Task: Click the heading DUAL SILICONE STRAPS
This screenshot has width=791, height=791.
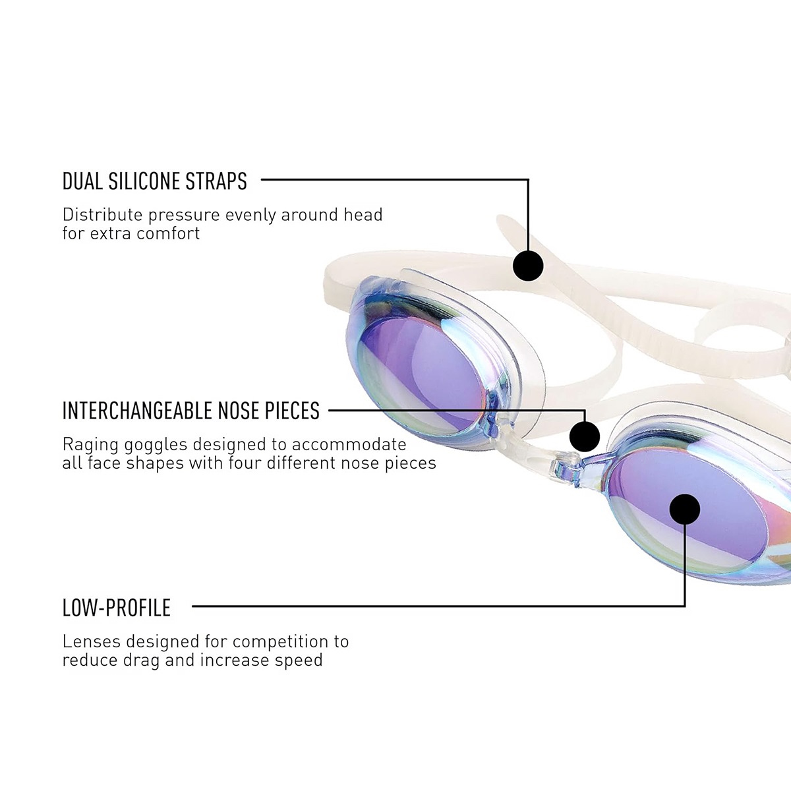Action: click(155, 181)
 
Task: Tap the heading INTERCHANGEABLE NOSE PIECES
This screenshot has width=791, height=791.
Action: click(191, 411)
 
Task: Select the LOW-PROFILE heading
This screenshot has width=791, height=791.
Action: click(117, 608)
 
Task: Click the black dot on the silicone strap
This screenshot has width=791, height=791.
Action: click(528, 266)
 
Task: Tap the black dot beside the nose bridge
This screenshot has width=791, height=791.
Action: click(585, 436)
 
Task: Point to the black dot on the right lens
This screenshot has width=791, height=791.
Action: click(685, 509)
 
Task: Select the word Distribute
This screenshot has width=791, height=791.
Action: click(102, 215)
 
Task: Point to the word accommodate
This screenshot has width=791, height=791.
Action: click(349, 444)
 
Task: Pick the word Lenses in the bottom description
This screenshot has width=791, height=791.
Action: click(92, 641)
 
